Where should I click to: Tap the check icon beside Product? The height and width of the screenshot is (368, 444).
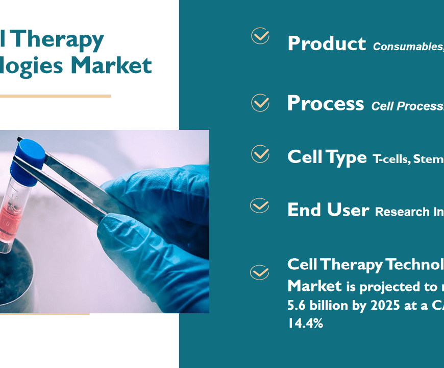click(260, 36)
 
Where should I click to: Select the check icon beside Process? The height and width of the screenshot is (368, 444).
click(260, 103)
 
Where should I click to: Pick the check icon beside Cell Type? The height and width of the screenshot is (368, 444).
click(260, 154)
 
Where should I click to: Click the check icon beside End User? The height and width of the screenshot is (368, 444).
click(260, 206)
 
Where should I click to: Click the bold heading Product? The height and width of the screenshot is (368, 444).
click(327, 44)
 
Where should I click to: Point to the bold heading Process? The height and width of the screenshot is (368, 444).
click(326, 103)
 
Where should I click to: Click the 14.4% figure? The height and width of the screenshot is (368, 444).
click(305, 323)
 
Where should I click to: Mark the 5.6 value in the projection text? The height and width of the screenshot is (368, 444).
click(295, 305)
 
